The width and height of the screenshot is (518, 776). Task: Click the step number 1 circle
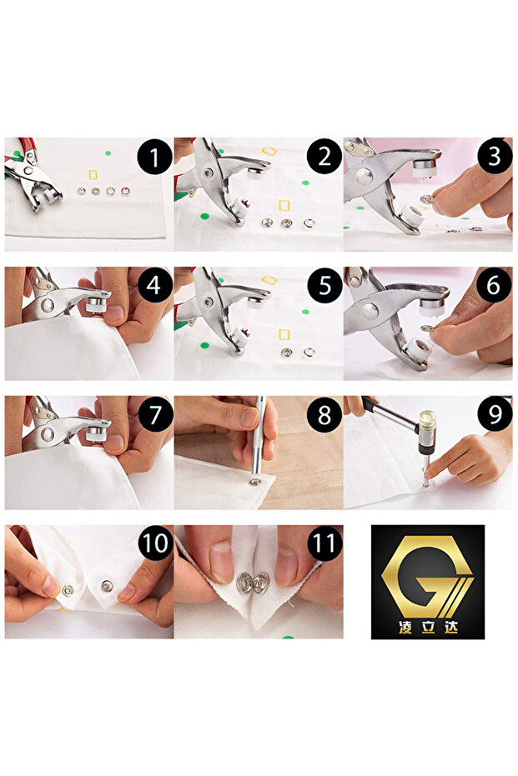155,158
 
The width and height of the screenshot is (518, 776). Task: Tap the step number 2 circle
324,158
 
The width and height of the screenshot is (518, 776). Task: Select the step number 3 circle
495,157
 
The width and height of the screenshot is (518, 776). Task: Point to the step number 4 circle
155,286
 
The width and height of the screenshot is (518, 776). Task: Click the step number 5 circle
324,286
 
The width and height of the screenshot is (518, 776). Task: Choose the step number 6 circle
495,286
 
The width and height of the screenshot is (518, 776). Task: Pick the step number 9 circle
495,414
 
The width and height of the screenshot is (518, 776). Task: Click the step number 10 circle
155,543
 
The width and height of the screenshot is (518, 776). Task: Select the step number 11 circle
324,543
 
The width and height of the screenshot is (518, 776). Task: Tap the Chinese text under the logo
428,628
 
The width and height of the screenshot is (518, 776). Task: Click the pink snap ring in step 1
125,191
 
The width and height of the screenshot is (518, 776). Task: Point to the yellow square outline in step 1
93,175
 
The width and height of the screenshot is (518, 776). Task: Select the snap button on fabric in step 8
255,482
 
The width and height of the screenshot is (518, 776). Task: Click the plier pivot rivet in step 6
370,312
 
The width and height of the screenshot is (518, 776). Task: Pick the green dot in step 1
108,153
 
